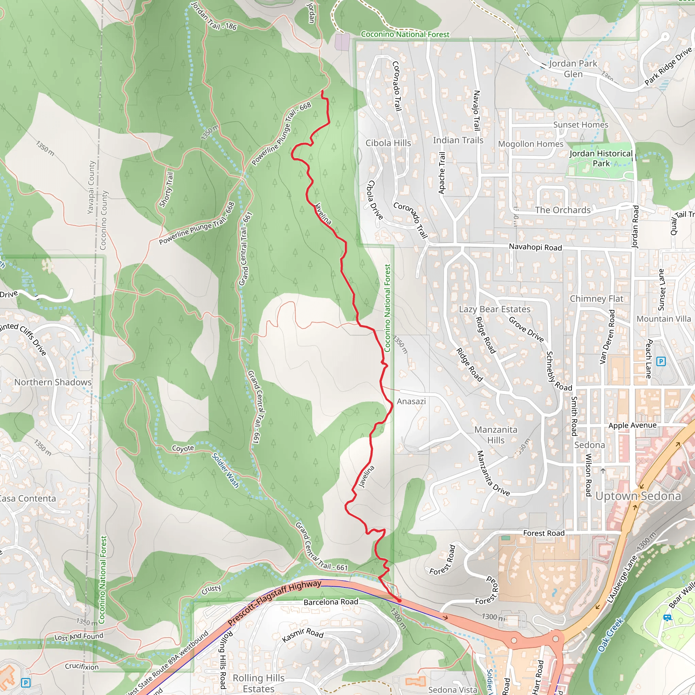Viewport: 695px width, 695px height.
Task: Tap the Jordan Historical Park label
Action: click(601, 158)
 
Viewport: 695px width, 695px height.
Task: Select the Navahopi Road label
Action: click(535, 247)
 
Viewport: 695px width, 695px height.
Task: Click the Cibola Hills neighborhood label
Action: click(388, 143)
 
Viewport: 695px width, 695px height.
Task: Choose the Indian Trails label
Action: click(457, 140)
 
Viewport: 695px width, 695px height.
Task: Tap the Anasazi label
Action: click(411, 401)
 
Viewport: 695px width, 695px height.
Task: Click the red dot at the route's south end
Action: click(399, 600)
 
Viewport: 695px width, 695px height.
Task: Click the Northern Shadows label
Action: click(53, 382)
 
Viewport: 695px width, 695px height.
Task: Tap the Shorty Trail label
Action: click(166, 190)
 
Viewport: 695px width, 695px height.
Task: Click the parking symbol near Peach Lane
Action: click(661, 361)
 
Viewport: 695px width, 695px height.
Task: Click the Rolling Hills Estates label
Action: click(258, 683)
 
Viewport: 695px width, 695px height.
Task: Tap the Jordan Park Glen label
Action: click(573, 69)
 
